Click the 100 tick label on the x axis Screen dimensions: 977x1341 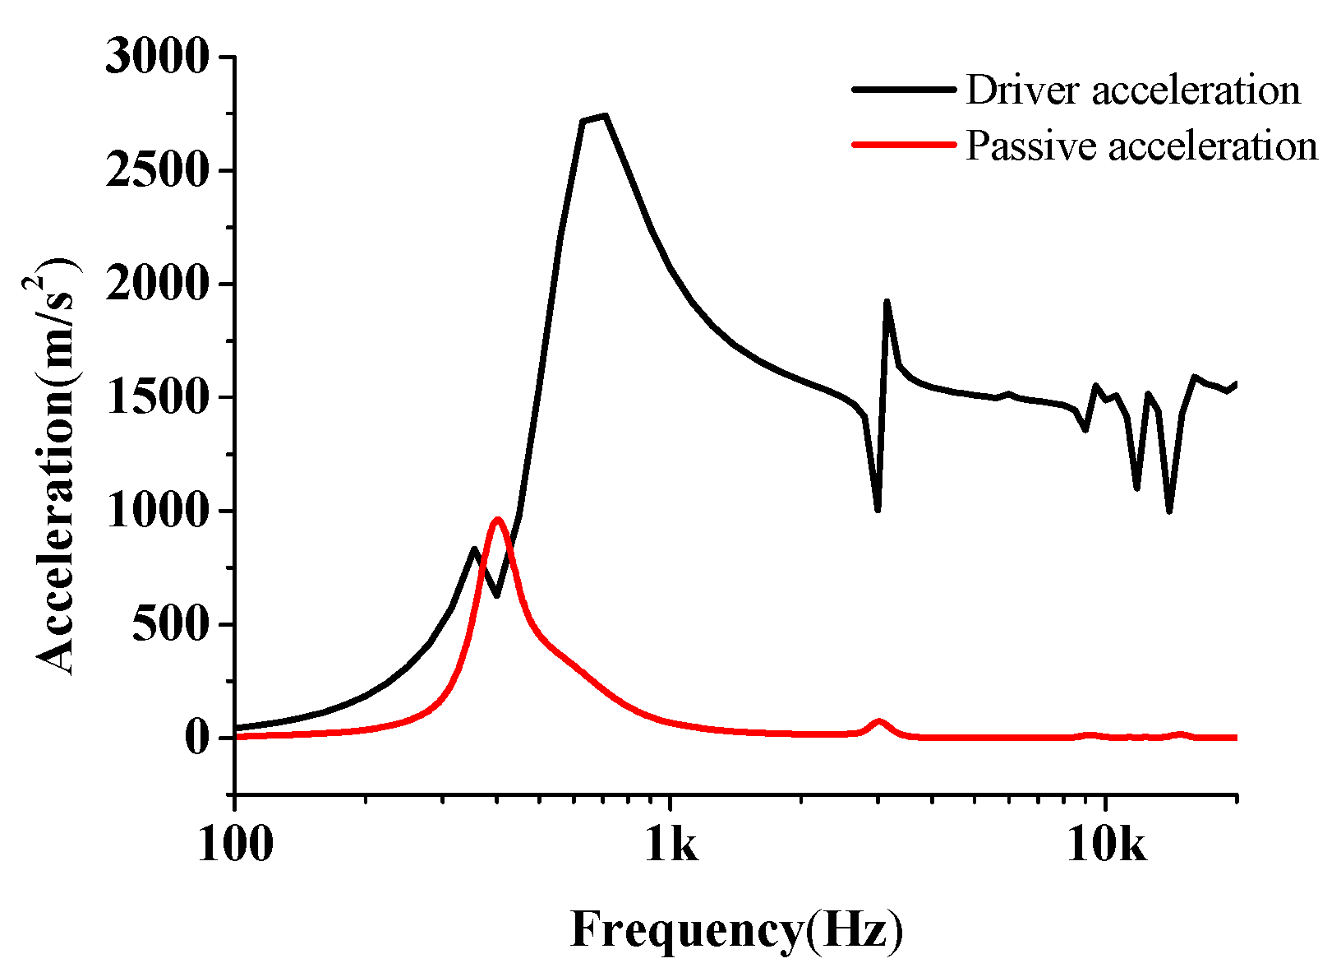235,845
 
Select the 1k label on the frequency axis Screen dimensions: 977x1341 671,845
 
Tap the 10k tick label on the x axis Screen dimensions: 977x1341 1106,845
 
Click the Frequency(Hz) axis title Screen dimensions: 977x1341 736,932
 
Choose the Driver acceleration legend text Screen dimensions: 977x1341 1133,90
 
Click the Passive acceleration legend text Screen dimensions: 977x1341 1141,146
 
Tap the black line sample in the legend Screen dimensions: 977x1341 904,89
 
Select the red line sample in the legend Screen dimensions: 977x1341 904,144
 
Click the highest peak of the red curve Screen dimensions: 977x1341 497,520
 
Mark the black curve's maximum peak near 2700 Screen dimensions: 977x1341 604,116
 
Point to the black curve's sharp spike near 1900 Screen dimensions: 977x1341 887,302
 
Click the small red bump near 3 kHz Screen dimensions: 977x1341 879,722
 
